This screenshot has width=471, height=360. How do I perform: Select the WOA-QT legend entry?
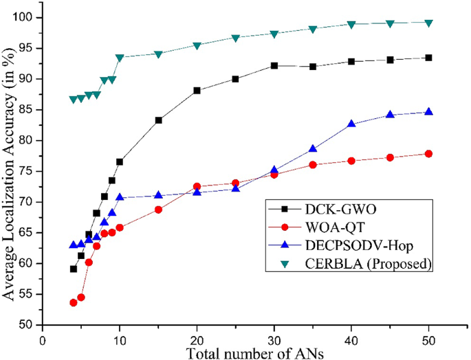[327, 225]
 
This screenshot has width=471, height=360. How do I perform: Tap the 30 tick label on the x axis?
[274, 338]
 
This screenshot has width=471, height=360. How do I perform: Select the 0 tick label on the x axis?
[43, 338]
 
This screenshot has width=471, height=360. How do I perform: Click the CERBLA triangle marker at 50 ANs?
[428, 23]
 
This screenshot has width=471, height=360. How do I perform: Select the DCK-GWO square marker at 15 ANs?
[158, 120]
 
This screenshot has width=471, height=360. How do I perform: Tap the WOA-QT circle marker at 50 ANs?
[428, 154]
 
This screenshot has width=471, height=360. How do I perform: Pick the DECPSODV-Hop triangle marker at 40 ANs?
[351, 124]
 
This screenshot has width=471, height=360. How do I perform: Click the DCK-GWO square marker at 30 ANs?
[274, 66]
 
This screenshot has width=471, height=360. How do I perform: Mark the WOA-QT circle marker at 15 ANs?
[158, 210]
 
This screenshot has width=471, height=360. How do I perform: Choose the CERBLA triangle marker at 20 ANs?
[197, 45]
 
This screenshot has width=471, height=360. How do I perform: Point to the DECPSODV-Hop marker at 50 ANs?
[428, 111]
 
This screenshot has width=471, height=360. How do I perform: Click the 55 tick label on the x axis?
[467, 338]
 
